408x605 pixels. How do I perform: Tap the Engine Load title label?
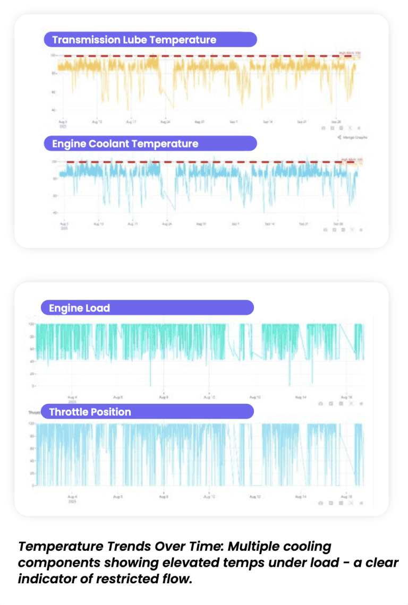tap(147, 308)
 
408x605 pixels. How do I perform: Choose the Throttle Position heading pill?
tap(147, 412)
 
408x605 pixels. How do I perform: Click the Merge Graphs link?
tap(353, 137)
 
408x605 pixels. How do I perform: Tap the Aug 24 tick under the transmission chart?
tap(166, 122)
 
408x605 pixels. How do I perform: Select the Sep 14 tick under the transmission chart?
tap(269, 122)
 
